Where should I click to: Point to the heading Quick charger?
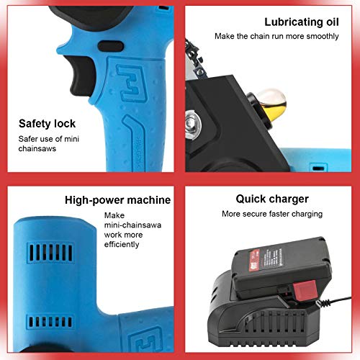[272, 199]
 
